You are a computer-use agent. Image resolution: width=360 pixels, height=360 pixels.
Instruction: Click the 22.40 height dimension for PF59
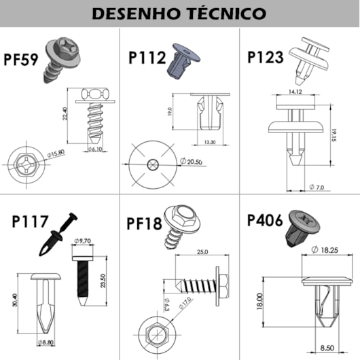[64, 115]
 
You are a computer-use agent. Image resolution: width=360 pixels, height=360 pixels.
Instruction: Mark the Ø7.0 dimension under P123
[317, 186]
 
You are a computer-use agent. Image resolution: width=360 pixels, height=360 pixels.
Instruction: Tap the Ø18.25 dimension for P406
[327, 251]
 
